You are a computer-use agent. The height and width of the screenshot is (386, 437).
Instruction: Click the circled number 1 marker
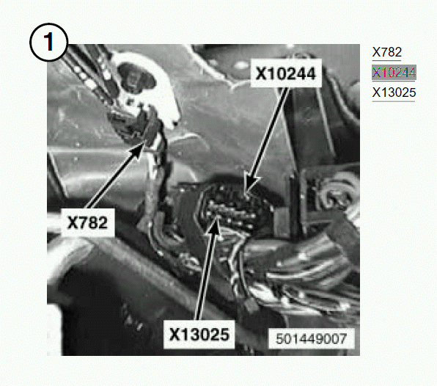click(x=48, y=43)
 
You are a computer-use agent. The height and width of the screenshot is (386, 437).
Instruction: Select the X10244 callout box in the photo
click(x=286, y=73)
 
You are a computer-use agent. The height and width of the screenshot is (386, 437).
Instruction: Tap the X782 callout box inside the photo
click(x=87, y=222)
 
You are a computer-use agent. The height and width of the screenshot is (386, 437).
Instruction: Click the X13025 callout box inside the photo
click(x=199, y=334)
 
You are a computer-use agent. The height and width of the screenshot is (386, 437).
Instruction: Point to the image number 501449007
click(x=311, y=338)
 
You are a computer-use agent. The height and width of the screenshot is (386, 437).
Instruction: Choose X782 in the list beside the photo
click(x=387, y=52)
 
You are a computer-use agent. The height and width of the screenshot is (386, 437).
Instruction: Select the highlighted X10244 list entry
click(x=394, y=73)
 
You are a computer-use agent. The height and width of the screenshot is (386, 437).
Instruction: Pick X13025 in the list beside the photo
click(x=394, y=92)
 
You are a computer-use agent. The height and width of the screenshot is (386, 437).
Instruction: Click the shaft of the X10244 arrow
click(x=270, y=132)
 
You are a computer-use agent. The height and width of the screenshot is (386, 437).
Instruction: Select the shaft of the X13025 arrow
click(x=205, y=277)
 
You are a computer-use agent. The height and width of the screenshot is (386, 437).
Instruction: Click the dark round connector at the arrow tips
click(x=235, y=208)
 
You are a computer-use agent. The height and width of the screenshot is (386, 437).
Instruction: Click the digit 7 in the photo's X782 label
click(x=83, y=223)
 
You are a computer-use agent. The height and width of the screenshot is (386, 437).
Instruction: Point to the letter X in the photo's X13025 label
click(x=175, y=334)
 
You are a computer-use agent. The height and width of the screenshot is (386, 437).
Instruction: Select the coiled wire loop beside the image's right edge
click(x=339, y=192)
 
